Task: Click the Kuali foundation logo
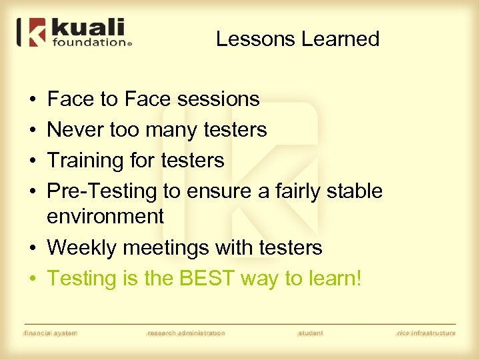75,33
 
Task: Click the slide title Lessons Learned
297,39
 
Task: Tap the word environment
105,216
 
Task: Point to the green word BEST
206,278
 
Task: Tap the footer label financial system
51,333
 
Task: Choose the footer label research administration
186,333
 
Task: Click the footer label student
311,333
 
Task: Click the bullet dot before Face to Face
33,100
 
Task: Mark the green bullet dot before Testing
33,279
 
